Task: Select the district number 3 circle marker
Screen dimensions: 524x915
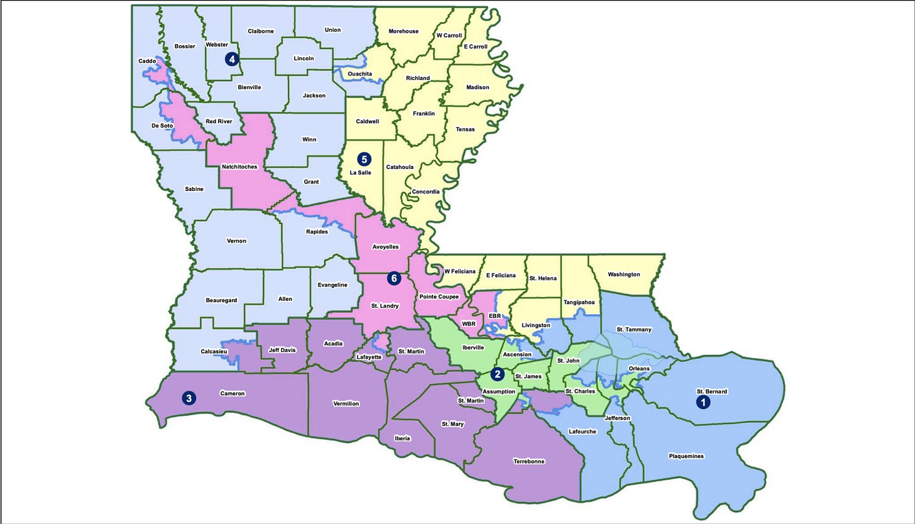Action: pyautogui.click(x=188, y=398)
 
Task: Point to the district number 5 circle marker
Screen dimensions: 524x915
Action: pyautogui.click(x=363, y=159)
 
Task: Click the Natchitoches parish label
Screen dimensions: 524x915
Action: pyautogui.click(x=239, y=167)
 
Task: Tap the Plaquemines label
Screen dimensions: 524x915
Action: pyautogui.click(x=686, y=456)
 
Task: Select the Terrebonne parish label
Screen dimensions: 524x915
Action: pyautogui.click(x=529, y=461)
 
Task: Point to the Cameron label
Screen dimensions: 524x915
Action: pyautogui.click(x=232, y=394)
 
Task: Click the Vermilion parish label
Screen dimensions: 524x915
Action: pyautogui.click(x=346, y=403)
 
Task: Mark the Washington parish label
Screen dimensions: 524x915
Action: pyautogui.click(x=624, y=275)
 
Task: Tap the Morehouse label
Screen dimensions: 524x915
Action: pyautogui.click(x=403, y=31)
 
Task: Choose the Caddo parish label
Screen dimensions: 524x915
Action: pyautogui.click(x=147, y=62)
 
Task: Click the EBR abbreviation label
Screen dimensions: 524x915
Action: pyautogui.click(x=495, y=316)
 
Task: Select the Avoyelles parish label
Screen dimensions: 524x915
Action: pyautogui.click(x=385, y=247)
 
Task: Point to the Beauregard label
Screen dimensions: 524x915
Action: pyautogui.click(x=221, y=300)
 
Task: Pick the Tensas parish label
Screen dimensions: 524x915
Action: pyautogui.click(x=465, y=129)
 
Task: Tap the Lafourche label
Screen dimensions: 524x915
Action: pyautogui.click(x=583, y=432)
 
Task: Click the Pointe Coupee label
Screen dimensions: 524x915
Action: pyautogui.click(x=439, y=297)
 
